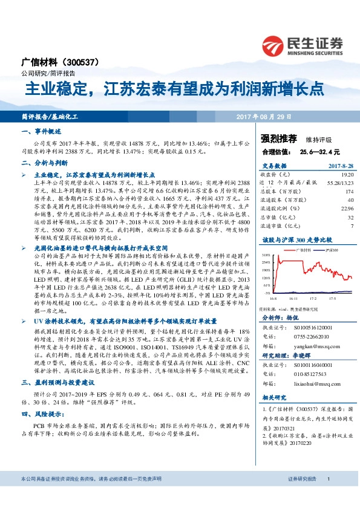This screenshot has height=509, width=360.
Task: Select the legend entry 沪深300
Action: click(x=330, y=250)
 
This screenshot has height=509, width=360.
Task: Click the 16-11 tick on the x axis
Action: click(x=293, y=298)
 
